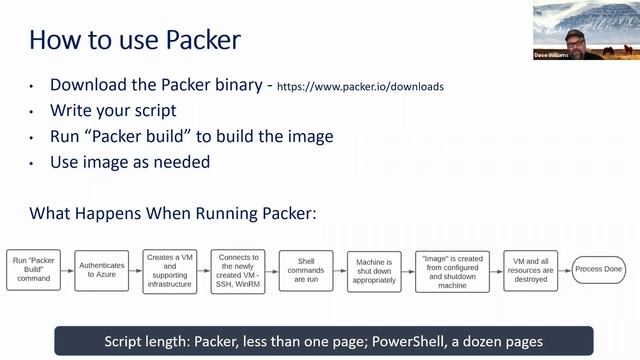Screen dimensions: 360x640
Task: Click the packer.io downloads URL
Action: [360, 87]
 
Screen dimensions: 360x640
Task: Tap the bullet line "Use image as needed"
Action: [130, 161]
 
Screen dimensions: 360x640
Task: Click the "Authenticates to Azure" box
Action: [101, 270]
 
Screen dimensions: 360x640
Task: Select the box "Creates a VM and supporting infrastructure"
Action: [170, 270]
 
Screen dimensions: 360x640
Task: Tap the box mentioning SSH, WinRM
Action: [238, 270]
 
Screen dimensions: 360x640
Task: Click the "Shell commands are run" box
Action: [306, 270]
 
